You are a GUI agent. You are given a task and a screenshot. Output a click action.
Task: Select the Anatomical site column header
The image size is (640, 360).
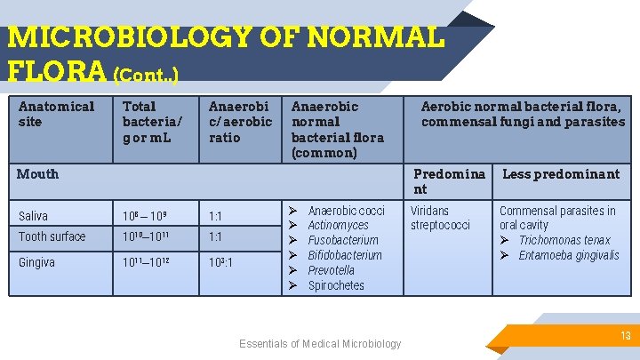pos(56,114)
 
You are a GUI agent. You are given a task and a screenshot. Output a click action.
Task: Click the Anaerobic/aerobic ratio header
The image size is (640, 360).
pos(240,122)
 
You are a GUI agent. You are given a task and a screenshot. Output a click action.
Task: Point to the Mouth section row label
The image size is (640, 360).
pos(38,174)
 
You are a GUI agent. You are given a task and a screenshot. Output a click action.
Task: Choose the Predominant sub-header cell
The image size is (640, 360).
pos(449,181)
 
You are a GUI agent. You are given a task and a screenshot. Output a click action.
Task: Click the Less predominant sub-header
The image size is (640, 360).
pos(560,174)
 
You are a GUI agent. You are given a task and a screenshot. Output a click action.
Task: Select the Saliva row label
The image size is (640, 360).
pos(34,216)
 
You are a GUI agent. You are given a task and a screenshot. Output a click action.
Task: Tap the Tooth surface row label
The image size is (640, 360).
pos(52,236)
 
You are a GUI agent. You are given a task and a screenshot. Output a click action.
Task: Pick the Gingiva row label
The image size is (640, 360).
pos(37,262)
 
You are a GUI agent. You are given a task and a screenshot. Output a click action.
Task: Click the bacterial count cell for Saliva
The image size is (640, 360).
pos(146,216)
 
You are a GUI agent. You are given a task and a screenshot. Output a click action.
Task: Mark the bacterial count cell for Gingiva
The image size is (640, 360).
pos(148,262)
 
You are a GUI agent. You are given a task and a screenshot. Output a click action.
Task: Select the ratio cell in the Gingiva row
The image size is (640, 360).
pos(222,262)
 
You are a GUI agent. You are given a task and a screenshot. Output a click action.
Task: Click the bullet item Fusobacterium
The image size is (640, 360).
pos(343,240)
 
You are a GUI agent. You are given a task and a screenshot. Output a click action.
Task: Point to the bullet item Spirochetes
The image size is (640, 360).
pos(336,285)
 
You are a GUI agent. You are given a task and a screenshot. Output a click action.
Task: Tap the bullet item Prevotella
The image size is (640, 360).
pos(332,270)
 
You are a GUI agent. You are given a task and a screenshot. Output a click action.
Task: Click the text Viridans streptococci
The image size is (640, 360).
pos(440,218)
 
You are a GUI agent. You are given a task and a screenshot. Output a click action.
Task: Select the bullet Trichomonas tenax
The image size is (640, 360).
pos(564,240)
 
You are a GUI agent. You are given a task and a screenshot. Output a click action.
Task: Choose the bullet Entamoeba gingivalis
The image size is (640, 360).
pos(569,255)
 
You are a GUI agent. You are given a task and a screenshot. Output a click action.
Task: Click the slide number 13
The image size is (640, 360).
pos(625,335)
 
